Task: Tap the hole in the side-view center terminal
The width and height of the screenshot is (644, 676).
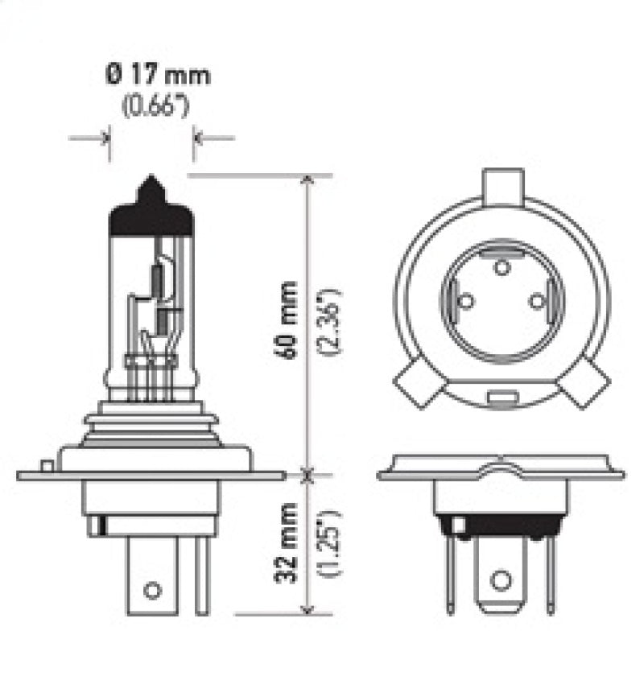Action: pos(151,590)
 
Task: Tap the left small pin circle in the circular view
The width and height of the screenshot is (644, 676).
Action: pos(464,301)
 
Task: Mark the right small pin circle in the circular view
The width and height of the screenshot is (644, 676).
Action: pos(538,301)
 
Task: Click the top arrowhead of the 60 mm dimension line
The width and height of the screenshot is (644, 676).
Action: pos(307,182)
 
